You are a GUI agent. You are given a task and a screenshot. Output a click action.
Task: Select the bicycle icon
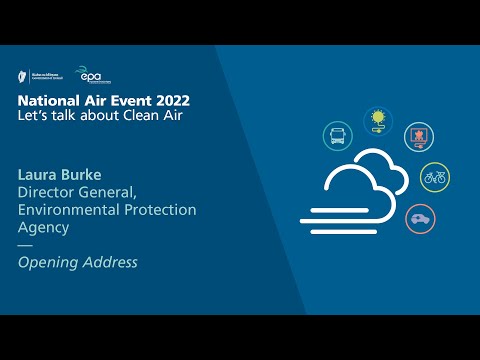tap(434, 177)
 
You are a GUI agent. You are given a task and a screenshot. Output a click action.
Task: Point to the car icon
tap(418, 218)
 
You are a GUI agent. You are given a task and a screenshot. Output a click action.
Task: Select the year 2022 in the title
tap(167, 101)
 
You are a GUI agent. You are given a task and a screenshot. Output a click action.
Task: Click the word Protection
tap(161, 209)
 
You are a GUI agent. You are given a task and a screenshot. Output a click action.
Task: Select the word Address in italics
tap(111, 263)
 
